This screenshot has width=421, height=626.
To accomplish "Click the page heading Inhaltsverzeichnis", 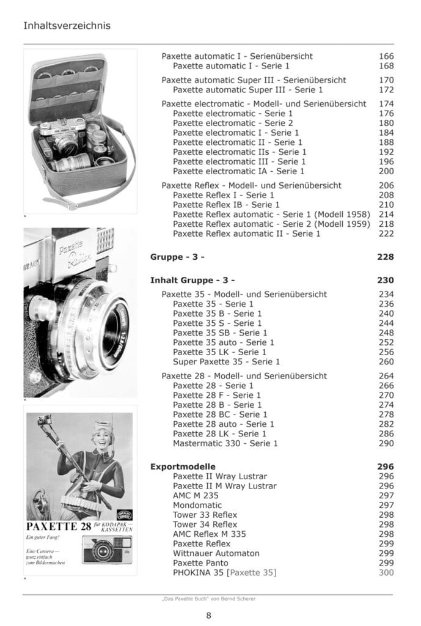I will tap(67, 26).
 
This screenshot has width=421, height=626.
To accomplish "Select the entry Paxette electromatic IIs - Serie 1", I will tap(240, 152).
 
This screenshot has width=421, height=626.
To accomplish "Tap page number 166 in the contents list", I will tap(386, 56).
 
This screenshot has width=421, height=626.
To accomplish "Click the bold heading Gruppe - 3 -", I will tap(177, 257).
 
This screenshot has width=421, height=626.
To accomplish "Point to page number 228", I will tap(386, 257).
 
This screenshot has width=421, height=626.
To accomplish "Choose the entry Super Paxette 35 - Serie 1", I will tap(226, 362).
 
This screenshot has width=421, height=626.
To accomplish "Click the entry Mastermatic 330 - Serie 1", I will tap(225, 443).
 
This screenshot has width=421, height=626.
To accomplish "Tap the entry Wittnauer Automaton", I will tap(216, 553).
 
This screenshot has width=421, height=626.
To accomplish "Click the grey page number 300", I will tap(386, 573).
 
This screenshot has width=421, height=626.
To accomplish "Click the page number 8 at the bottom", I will tap(209, 615).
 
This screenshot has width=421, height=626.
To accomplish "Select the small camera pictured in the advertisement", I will tap(106, 550).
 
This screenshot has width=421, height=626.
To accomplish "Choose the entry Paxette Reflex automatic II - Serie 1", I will tap(246, 234).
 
